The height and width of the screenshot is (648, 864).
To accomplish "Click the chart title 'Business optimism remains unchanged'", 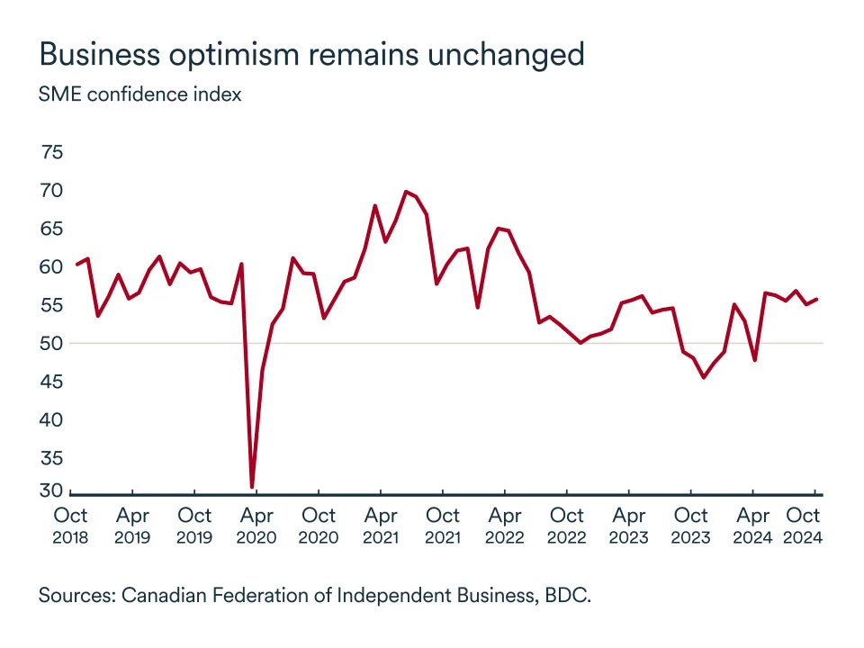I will click(x=311, y=54).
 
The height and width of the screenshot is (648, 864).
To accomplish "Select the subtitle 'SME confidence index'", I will click(x=139, y=94).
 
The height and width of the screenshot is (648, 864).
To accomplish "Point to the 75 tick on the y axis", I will click(x=52, y=152).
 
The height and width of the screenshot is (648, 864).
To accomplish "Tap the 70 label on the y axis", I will click(x=52, y=191).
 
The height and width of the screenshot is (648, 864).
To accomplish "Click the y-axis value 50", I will click(x=52, y=343).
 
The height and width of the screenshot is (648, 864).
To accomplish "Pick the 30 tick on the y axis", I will click(x=52, y=490).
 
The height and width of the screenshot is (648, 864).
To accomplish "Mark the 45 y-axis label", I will click(x=52, y=382).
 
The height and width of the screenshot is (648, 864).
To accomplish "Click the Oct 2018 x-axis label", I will click(x=70, y=526).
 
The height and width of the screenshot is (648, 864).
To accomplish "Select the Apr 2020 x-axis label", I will click(x=256, y=526).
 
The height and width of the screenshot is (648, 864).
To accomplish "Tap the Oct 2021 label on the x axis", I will click(x=443, y=526).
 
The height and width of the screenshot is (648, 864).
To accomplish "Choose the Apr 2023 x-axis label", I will click(x=629, y=526).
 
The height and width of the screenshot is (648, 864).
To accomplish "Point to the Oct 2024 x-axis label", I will click(x=804, y=526).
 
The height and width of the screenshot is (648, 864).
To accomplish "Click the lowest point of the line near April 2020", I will click(x=252, y=487).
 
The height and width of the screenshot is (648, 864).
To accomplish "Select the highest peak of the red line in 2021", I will click(x=406, y=191).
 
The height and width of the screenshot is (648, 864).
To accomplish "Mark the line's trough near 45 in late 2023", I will click(x=703, y=377).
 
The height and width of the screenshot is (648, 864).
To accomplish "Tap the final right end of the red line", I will click(x=816, y=299).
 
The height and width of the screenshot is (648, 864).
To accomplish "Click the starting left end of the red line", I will click(x=76, y=265).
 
